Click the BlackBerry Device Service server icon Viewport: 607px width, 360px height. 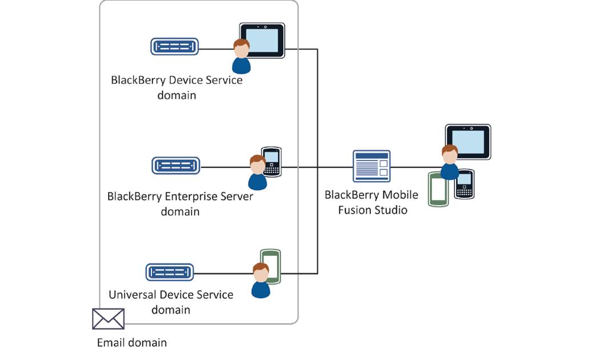click(175, 46)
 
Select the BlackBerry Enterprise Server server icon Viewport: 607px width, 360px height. click(176, 166)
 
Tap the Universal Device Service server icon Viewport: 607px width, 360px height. click(170, 272)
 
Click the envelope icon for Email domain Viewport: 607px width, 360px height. click(108, 319)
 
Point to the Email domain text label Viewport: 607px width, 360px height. click(132, 343)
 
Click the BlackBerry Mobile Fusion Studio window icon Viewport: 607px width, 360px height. click(372, 166)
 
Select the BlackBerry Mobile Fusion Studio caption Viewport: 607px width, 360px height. click(372, 202)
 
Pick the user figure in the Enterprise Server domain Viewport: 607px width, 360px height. click(257, 173)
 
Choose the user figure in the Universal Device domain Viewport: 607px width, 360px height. click(261, 281)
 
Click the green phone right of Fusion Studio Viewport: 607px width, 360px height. click(439, 189)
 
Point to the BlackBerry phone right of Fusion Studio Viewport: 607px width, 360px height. click(465, 184)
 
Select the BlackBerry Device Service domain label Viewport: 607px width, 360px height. click(177, 87)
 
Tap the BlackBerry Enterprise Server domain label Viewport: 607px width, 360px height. click(180, 204)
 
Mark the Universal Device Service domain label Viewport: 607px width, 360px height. click(171, 302)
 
